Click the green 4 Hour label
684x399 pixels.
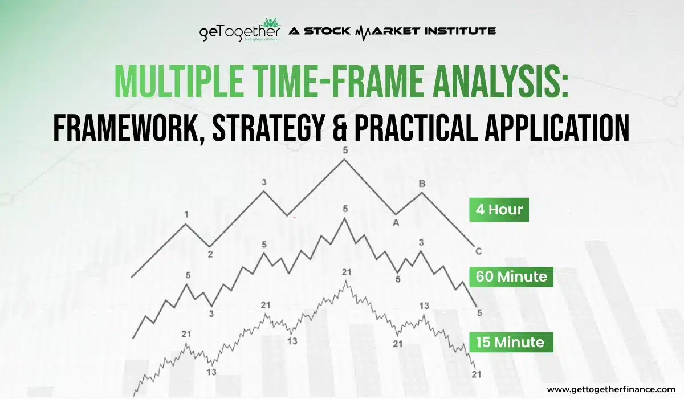point(498,210)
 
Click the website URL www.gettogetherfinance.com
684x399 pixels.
point(611,389)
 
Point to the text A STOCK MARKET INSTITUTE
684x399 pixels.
point(392,31)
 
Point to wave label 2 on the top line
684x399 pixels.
point(210,254)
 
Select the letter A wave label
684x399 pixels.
point(395,223)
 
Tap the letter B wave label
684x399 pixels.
point(422,184)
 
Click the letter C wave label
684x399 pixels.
point(478,251)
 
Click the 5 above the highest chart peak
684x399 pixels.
point(344,150)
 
